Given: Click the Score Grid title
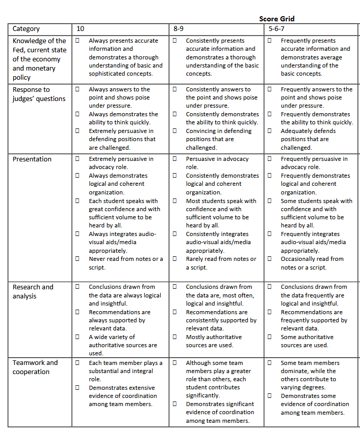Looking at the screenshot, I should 276,19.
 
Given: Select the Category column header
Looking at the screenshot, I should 26,29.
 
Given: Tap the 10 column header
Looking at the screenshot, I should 80,29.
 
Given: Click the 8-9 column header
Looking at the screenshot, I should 178,29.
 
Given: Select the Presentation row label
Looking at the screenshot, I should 32,159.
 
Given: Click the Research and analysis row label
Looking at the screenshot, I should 32,291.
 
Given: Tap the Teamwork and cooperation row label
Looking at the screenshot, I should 35,367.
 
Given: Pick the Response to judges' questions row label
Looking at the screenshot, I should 39,94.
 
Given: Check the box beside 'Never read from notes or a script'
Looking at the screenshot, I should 78,259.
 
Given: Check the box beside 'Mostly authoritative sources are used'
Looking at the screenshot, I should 174,337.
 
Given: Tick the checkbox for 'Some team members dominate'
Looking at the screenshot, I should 270,363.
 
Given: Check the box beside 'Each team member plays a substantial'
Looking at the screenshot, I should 78,363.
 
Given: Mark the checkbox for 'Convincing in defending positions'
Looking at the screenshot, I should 174,131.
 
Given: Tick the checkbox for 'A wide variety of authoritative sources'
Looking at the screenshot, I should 78,337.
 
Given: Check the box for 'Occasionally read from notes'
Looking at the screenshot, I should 270,259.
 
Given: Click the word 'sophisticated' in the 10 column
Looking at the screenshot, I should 107,74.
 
